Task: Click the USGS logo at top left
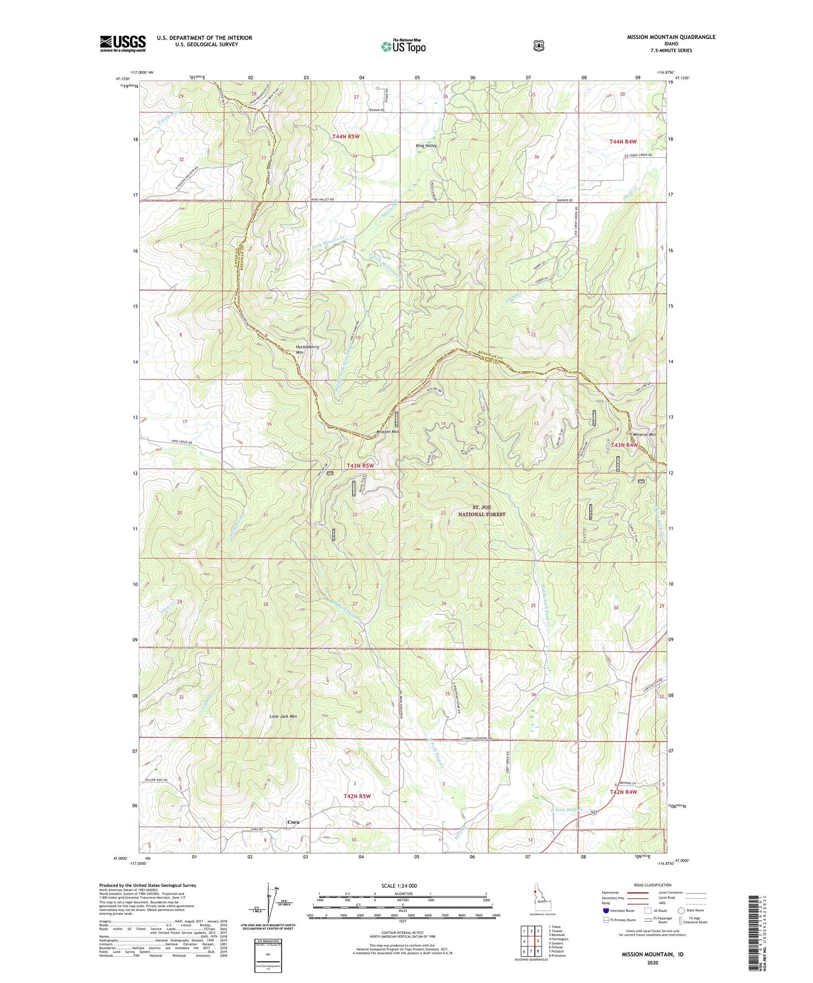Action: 122,43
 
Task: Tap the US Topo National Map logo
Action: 403,46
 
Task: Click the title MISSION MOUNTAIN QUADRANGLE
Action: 671,37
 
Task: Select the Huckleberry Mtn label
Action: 307,349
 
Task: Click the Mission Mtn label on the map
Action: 388,432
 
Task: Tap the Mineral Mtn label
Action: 644,434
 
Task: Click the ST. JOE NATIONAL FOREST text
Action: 481,511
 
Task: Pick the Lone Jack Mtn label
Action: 283,716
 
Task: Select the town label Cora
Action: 293,822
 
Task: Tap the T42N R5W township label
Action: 357,796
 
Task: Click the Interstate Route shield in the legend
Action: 605,910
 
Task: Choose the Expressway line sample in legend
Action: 637,892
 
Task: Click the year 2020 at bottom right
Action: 652,963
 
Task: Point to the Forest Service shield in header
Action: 538,46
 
